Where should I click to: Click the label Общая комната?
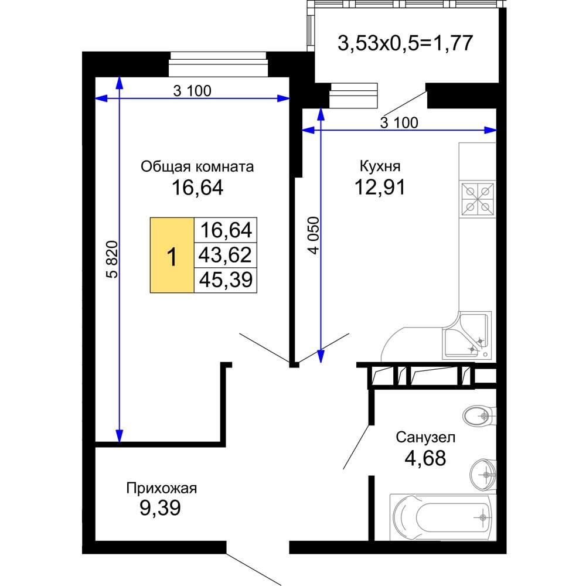coord(197,166)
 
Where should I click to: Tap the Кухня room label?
coord(380,166)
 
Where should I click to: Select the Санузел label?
coord(425,437)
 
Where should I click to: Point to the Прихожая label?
coord(162,488)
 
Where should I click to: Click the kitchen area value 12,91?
coord(380,187)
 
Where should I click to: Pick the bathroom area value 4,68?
coord(425,458)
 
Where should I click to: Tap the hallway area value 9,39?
coord(161,507)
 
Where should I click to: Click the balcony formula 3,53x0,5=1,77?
coord(406,43)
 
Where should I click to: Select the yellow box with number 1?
coord(172,255)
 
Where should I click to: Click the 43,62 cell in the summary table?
coord(226,255)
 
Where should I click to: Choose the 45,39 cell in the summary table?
coord(226,280)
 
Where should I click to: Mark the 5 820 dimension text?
coord(113,260)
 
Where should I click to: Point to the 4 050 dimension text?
coord(314,236)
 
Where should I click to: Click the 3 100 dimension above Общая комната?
coord(192,90)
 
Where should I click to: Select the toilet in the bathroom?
coord(479,415)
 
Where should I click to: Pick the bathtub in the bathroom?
coord(443,517)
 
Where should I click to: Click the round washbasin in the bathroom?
coord(483,475)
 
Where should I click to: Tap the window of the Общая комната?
coord(219,64)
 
